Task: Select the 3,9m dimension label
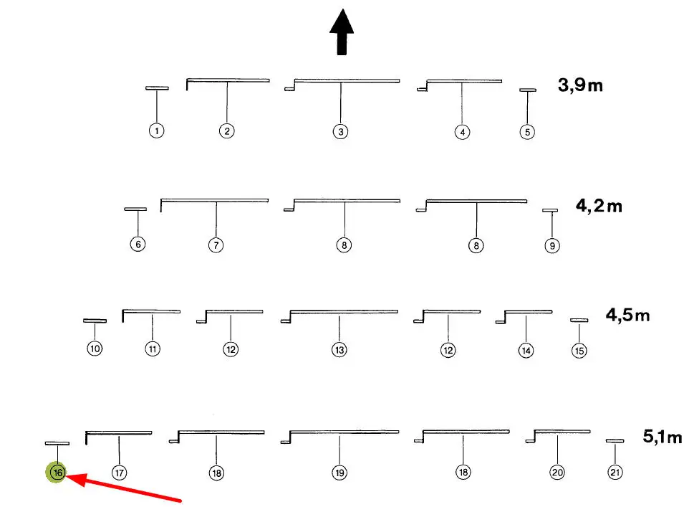[580, 86]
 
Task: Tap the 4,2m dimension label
[599, 207]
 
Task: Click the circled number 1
[157, 131]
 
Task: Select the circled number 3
[340, 132]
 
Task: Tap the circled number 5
[527, 132]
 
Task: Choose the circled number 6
[138, 244]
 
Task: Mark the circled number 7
[216, 245]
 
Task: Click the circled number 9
[551, 245]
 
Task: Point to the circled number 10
[95, 349]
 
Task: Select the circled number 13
[339, 350]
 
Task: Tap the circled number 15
[579, 351]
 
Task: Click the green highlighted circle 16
[57, 473]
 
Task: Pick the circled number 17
[119, 473]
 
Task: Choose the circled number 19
[339, 473]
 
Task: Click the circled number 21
[615, 473]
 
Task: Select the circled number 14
[526, 350]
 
